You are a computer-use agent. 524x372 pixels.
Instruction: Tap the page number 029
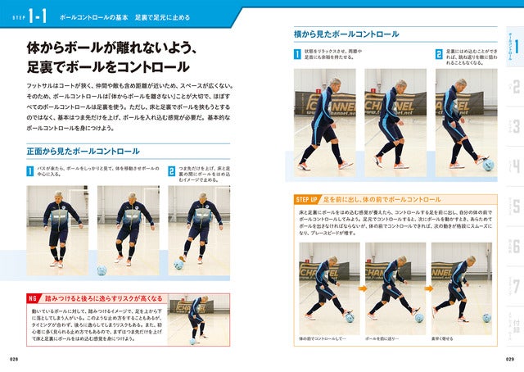(508, 359)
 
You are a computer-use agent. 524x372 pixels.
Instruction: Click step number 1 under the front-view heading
(29, 171)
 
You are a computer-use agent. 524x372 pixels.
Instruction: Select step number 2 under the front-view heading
(172, 171)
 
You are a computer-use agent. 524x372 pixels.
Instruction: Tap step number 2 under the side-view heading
(440, 53)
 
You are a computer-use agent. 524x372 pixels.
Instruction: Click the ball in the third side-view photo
(488, 164)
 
